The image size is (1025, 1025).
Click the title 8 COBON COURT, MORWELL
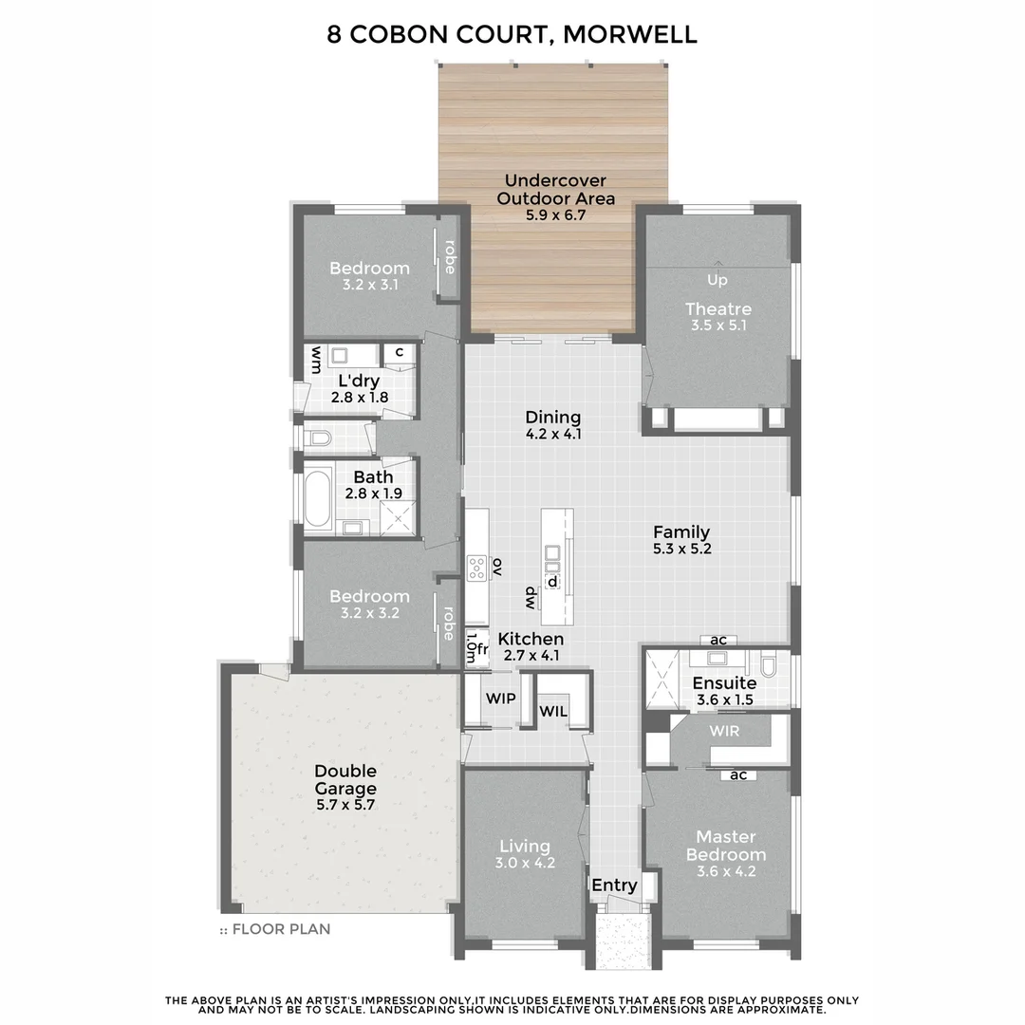tap(512, 35)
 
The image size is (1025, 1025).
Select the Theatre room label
tap(718, 308)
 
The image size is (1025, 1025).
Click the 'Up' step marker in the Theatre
tap(717, 280)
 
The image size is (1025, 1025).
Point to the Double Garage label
tap(345, 779)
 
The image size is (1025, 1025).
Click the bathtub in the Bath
tap(317, 500)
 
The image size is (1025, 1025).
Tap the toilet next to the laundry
tap(319, 438)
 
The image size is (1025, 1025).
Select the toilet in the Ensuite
tap(771, 662)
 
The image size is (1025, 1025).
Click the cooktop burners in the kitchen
tap(476, 568)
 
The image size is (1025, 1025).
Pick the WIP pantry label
tap(500, 699)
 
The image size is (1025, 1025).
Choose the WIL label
tap(553, 711)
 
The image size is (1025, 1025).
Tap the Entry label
tap(614, 885)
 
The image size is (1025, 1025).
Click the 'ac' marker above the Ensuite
tap(718, 640)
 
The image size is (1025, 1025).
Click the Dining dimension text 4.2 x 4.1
tap(553, 434)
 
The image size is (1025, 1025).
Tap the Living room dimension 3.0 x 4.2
tap(525, 864)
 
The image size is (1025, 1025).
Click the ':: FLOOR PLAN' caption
tap(275, 929)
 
